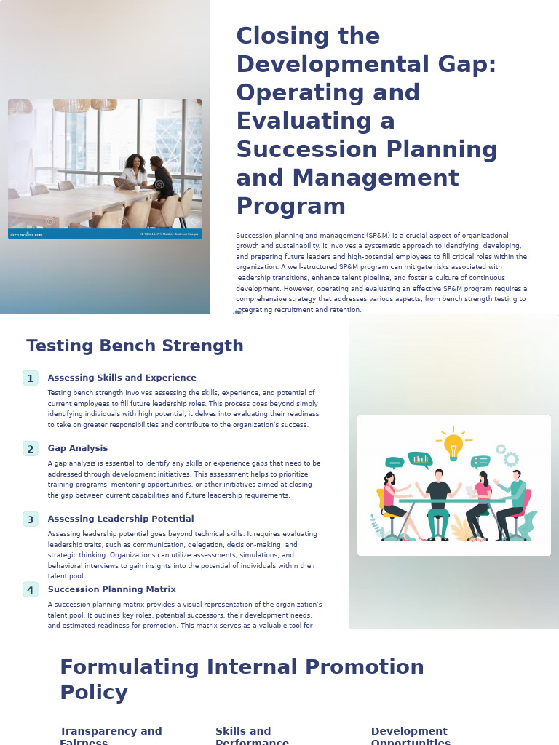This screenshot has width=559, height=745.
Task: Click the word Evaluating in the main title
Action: point(315,121)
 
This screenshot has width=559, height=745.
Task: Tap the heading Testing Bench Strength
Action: point(135,346)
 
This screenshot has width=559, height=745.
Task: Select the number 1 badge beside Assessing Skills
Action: point(31,378)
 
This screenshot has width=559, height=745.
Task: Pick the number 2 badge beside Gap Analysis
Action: point(31,449)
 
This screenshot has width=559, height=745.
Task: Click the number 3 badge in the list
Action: point(31,519)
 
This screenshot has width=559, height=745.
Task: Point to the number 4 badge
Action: point(31,590)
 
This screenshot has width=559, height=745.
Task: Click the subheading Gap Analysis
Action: point(77,448)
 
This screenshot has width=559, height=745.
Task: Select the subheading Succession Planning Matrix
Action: point(111,589)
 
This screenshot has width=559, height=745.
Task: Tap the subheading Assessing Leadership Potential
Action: point(120,519)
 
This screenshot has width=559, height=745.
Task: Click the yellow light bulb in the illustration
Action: point(453,445)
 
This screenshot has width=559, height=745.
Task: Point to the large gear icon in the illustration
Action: point(511,459)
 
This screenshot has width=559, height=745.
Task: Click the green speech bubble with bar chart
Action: point(420,459)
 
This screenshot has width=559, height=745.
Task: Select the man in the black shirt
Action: point(438,498)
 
